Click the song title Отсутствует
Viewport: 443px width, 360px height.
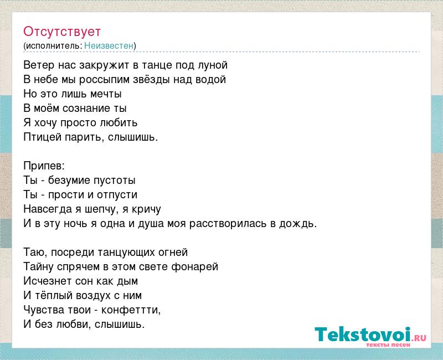[62, 32]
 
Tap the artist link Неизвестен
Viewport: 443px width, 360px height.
[109, 45]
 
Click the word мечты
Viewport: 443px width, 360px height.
[106, 94]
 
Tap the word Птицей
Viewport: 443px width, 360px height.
[43, 137]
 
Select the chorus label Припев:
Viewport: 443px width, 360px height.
[44, 166]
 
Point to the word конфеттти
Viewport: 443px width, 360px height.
[131, 310]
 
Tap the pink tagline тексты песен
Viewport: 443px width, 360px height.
[388, 344]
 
